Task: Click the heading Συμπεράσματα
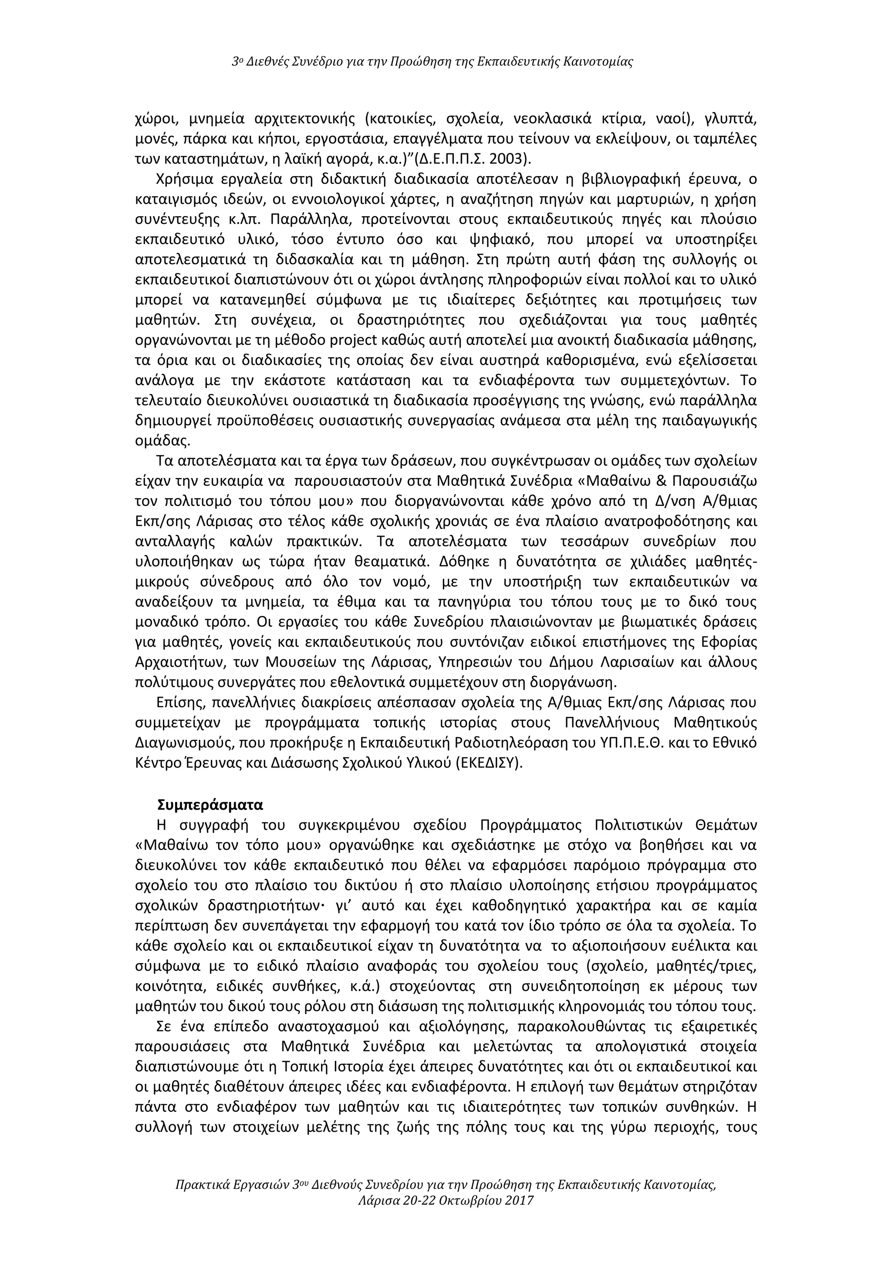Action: point(210,805)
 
